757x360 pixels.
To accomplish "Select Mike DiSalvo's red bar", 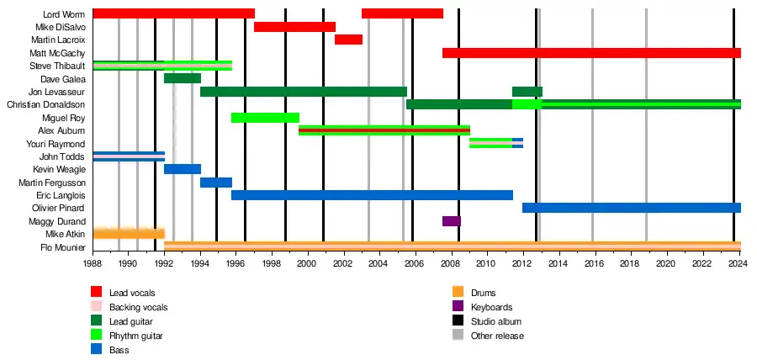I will (294, 27).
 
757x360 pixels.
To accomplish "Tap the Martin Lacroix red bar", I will (348, 40).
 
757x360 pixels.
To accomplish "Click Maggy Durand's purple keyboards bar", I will (451, 221).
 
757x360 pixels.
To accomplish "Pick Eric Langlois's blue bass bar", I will (372, 195).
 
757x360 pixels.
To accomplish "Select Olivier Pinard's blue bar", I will (631, 208).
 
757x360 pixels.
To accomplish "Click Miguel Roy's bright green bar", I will (265, 118).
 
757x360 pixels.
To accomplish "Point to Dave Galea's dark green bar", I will (182, 78).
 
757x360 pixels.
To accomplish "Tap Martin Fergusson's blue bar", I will (215, 183).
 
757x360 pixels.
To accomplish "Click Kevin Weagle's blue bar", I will (182, 169).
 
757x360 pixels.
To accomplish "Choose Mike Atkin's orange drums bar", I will (128, 233).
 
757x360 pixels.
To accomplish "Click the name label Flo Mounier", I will (61, 247).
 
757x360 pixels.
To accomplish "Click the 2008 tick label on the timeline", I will (451, 262).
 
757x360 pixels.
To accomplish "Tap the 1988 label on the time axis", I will (93, 262).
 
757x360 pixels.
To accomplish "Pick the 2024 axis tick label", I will (738, 262).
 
